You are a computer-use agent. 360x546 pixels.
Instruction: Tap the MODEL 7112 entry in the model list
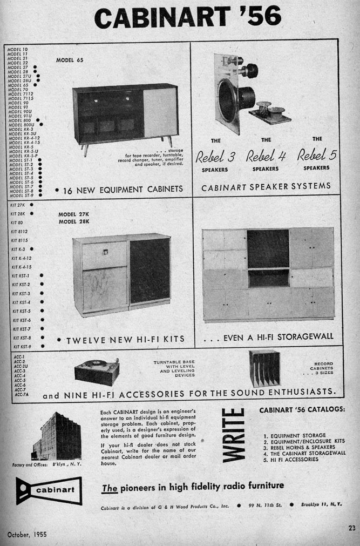[20, 93]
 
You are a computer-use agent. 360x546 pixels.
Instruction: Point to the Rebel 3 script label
[215, 157]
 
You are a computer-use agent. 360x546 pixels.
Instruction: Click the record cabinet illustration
[264, 368]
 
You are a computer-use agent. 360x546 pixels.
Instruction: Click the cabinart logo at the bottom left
[48, 490]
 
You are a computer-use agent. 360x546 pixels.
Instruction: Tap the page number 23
[351, 528]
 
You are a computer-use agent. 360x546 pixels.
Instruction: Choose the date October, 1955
[27, 534]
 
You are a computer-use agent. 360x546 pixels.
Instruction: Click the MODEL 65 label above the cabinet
[69, 60]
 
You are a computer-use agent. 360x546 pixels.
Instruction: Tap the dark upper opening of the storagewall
[268, 249]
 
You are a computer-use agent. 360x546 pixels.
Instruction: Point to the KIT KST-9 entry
[22, 346]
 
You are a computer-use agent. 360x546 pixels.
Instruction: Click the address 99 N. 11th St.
[264, 507]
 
